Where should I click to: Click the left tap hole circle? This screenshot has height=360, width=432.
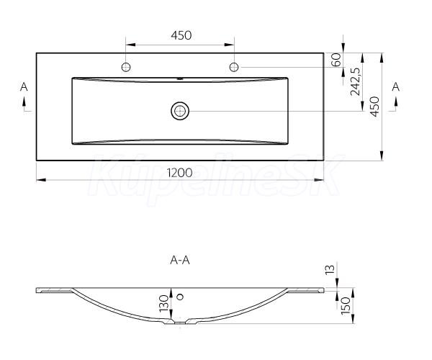(126, 67)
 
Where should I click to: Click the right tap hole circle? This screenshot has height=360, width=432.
(234, 67)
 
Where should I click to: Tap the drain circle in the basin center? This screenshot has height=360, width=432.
(180, 111)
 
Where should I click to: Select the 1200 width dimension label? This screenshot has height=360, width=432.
(180, 173)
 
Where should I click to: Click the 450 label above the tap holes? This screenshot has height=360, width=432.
(181, 35)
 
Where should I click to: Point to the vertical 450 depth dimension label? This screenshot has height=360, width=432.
(374, 107)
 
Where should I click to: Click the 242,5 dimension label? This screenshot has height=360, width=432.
(355, 81)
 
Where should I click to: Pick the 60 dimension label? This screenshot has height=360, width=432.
(336, 60)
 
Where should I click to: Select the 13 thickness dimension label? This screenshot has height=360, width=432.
(330, 269)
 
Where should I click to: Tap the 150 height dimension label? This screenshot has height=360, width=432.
(346, 306)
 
